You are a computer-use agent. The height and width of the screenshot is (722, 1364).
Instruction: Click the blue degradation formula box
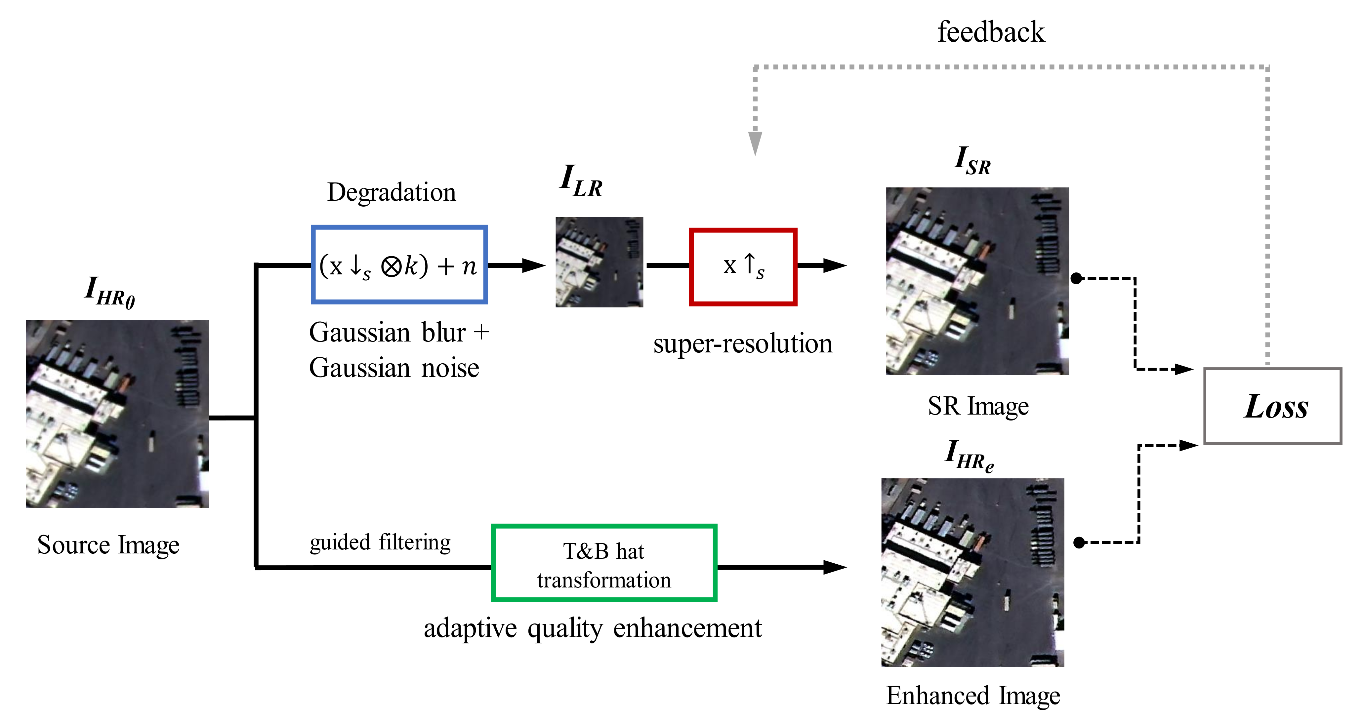click(x=399, y=265)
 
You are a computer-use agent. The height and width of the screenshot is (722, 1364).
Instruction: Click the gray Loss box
click(x=1272, y=406)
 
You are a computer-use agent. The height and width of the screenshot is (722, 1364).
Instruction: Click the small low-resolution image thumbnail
click(x=599, y=262)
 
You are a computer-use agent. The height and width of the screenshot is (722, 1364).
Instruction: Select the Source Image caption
click(x=108, y=545)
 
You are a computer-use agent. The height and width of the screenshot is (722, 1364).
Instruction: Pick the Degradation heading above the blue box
click(x=391, y=192)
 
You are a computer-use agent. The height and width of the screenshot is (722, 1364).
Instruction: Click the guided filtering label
click(x=380, y=542)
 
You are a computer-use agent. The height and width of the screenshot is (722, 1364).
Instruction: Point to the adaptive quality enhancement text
click(x=593, y=628)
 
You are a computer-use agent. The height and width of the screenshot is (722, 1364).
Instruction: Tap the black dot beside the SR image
click(x=1076, y=278)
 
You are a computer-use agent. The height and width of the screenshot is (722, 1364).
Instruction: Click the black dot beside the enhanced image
click(x=1079, y=542)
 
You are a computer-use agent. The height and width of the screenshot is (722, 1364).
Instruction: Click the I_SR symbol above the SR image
click(x=972, y=160)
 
